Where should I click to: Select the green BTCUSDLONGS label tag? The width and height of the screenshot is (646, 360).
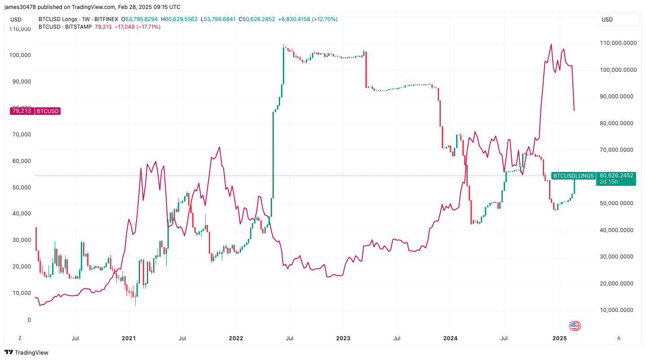pyautogui.click(x=573, y=176)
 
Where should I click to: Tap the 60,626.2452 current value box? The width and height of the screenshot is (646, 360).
pyautogui.click(x=615, y=176)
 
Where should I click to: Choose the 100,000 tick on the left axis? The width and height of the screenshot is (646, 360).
pyautogui.click(x=20, y=55)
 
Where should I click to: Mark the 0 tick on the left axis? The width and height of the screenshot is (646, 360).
pyautogui.click(x=29, y=320)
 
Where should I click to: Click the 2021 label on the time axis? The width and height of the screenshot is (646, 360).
pyautogui.click(x=129, y=338)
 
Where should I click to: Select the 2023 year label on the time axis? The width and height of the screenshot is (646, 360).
pyautogui.click(x=343, y=338)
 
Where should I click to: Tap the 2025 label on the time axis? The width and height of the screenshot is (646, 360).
pyautogui.click(x=558, y=338)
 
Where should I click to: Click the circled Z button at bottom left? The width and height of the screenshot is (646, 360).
pyautogui.click(x=19, y=338)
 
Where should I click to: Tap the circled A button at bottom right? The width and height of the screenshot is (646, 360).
pyautogui.click(x=619, y=338)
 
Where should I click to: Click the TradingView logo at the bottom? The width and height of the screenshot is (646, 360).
pyautogui.click(x=26, y=352)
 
